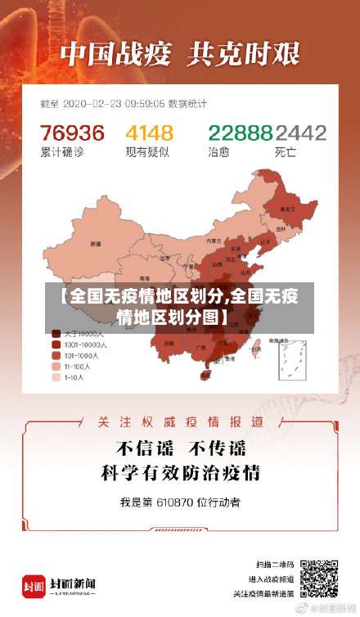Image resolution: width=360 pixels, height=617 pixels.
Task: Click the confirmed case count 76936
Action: coord(72,133)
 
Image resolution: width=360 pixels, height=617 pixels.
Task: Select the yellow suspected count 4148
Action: coord(149,133)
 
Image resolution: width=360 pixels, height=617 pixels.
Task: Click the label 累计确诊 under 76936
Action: coord(59,151)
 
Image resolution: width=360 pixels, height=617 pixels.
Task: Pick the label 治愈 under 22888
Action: coord(218,151)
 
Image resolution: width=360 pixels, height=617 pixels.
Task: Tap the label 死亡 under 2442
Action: coord(286,151)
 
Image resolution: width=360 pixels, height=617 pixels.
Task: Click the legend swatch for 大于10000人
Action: coord(56,334)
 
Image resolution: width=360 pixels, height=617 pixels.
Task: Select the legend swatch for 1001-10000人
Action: coord(56,345)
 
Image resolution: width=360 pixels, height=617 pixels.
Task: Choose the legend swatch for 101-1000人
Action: coord(56,356)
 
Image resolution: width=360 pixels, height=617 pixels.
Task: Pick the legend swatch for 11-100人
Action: coord(56,367)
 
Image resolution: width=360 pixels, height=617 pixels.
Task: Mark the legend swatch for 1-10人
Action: coord(56,378)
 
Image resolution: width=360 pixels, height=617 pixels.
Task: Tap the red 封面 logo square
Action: coord(34,587)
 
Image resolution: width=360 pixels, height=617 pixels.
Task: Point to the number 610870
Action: coord(178,502)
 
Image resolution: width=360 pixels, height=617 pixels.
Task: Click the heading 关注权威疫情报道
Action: coord(180,421)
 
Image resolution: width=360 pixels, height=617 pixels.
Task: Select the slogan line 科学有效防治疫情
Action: coord(180,473)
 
